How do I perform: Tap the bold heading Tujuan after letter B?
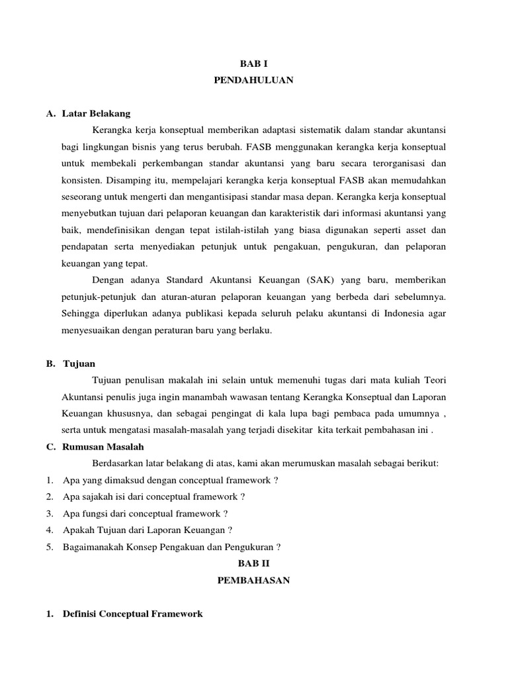(x=79, y=363)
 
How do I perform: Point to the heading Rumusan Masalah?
(x=103, y=447)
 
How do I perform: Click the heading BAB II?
(x=254, y=563)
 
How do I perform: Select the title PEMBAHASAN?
(x=254, y=580)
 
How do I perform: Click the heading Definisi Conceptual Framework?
(x=132, y=614)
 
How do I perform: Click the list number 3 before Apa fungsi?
(x=50, y=513)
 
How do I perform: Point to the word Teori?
(x=437, y=380)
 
